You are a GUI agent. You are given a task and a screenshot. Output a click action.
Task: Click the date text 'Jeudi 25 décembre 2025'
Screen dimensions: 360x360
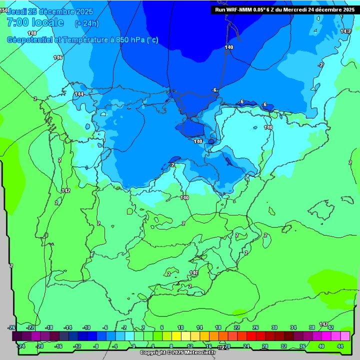tap(43, 11)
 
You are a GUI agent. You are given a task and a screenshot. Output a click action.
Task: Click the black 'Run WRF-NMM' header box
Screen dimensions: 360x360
tap(284, 9)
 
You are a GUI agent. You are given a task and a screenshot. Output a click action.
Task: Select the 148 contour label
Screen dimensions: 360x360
tap(32, 33)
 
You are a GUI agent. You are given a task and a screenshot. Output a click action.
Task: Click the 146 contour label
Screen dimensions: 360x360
tap(58, 57)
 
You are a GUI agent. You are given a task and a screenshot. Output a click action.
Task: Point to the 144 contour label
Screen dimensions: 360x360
tap(79, 94)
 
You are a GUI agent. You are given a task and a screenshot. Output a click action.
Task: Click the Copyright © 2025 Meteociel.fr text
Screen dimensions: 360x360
tap(177, 352)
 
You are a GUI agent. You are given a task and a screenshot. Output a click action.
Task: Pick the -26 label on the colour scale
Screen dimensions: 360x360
tap(12, 327)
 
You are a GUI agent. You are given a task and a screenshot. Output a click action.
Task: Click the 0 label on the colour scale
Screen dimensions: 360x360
tap(133, 345)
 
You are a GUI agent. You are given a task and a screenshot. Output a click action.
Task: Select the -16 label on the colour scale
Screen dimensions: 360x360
tap(58, 345)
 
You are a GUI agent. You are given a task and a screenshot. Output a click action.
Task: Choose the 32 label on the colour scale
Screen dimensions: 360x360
tap(284, 345)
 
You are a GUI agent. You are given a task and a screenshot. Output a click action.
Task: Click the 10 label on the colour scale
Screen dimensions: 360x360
tap(180, 327)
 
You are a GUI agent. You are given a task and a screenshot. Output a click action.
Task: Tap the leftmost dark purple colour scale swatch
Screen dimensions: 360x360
tap(16, 336)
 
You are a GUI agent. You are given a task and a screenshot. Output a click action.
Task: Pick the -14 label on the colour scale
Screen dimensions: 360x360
tap(68, 327)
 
